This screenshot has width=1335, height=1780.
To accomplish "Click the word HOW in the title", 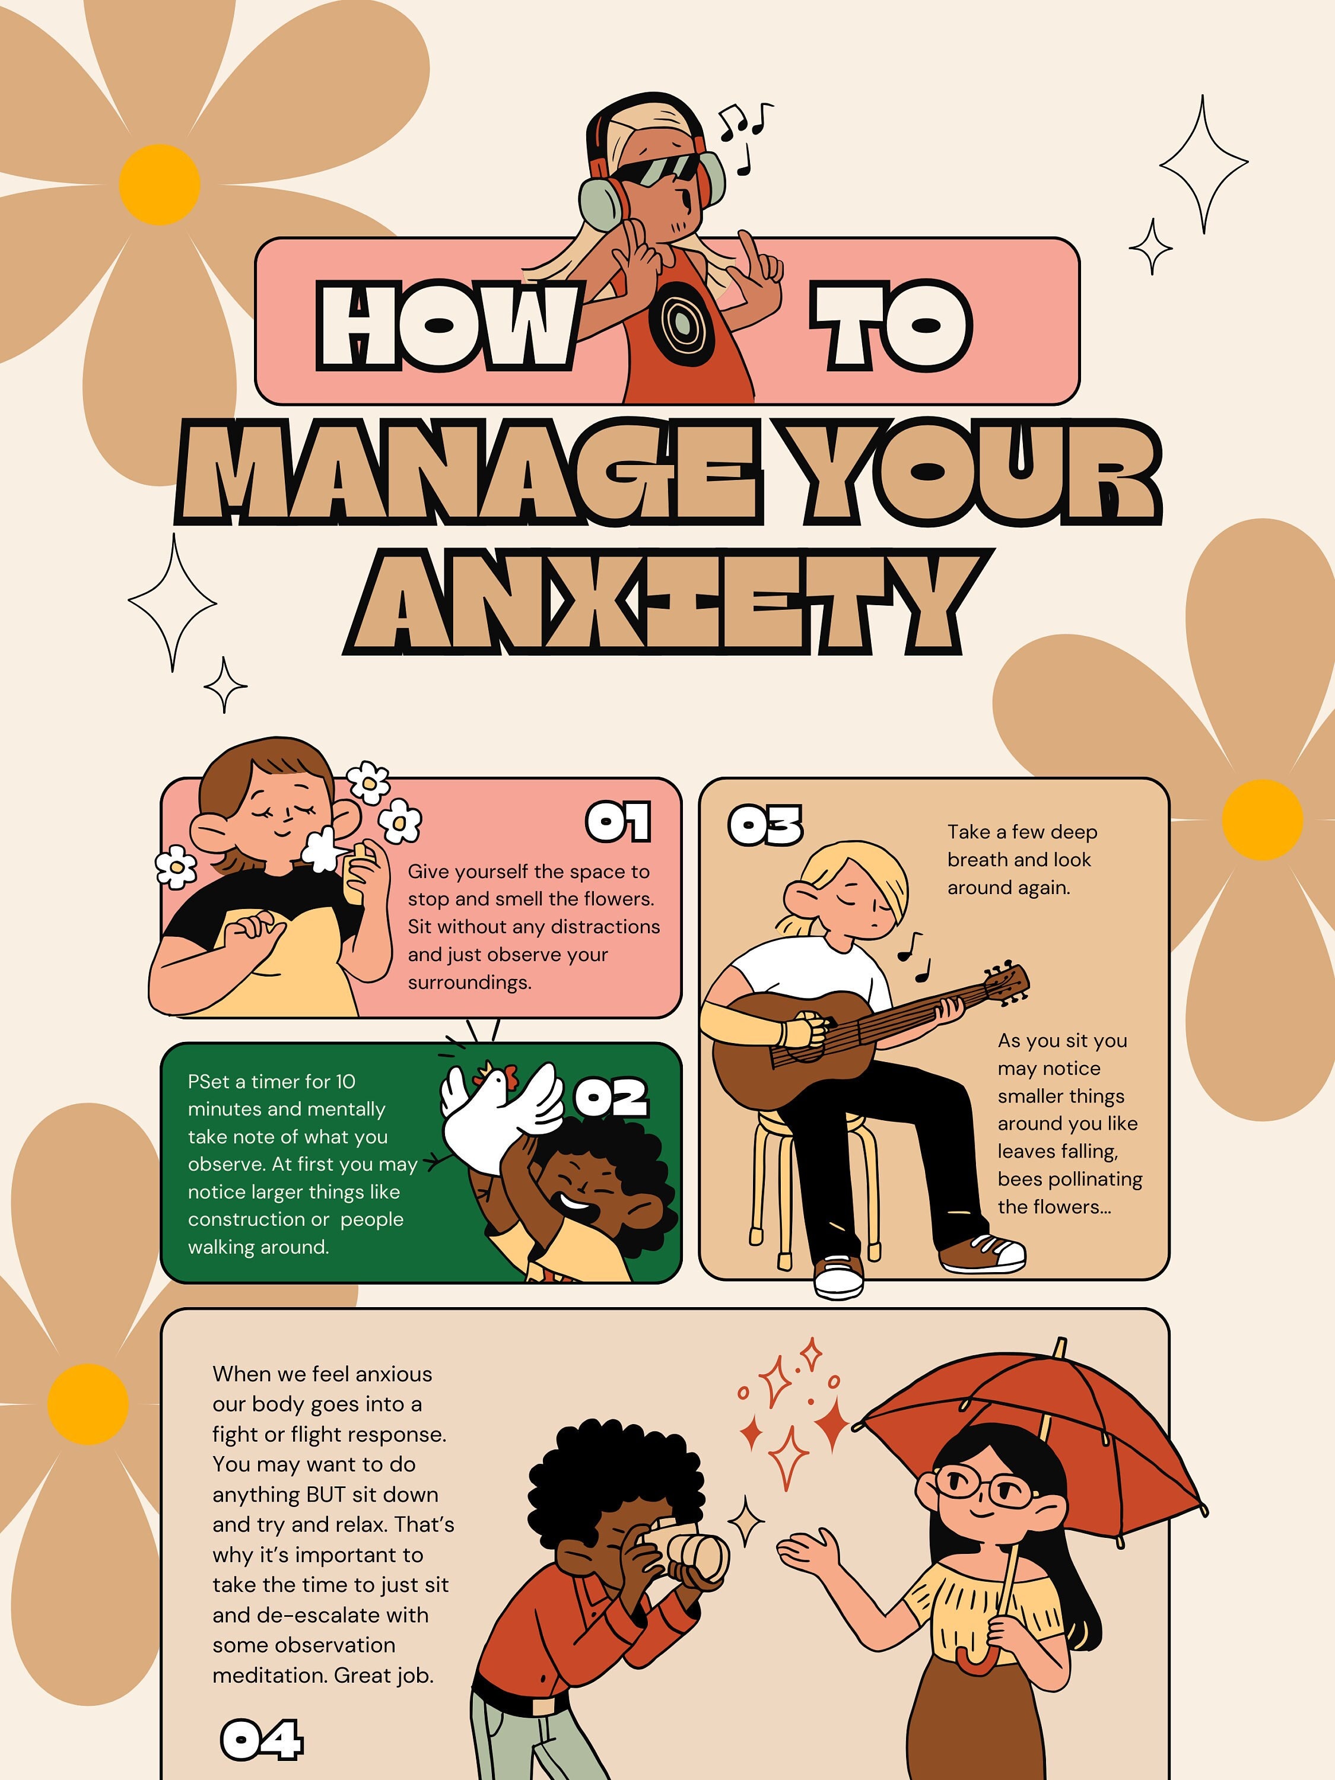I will point(447,326).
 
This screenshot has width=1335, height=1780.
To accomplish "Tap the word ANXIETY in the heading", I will point(668,603).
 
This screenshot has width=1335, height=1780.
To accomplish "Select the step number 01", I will point(618,822).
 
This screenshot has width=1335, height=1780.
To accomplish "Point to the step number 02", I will point(610,1098).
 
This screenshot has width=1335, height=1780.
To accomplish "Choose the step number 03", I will point(764,826).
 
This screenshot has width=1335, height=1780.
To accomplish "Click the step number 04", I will point(262,1739).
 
